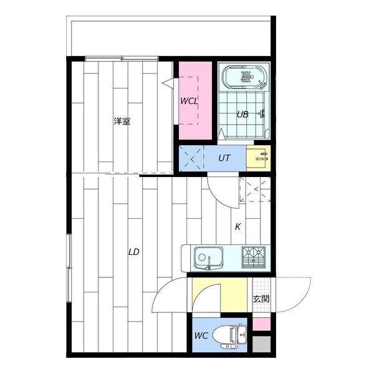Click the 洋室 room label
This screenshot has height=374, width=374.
tap(122, 122)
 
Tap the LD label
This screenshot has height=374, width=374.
tap(133, 252)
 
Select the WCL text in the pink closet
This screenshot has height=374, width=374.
tap(189, 101)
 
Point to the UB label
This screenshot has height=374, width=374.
tap(242, 115)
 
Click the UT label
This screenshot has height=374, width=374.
tap(224, 158)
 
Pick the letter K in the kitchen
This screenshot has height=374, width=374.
tap(238, 227)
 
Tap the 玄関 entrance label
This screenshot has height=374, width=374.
tap(261, 299)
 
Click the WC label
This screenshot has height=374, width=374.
tap(201, 335)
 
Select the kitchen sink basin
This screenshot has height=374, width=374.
tap(208, 258)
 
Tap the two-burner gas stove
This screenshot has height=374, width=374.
tap(253, 257)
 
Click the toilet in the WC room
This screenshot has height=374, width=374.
tap(229, 335)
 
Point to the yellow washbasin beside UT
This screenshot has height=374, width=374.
tap(258, 158)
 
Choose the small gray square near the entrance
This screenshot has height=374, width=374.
tap(261, 344)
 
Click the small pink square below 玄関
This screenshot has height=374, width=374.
tap(261, 324)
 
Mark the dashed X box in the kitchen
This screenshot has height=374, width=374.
tap(256, 189)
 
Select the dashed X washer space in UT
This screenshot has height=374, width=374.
tap(191, 158)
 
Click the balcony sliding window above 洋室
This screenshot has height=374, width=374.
tap(122, 59)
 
